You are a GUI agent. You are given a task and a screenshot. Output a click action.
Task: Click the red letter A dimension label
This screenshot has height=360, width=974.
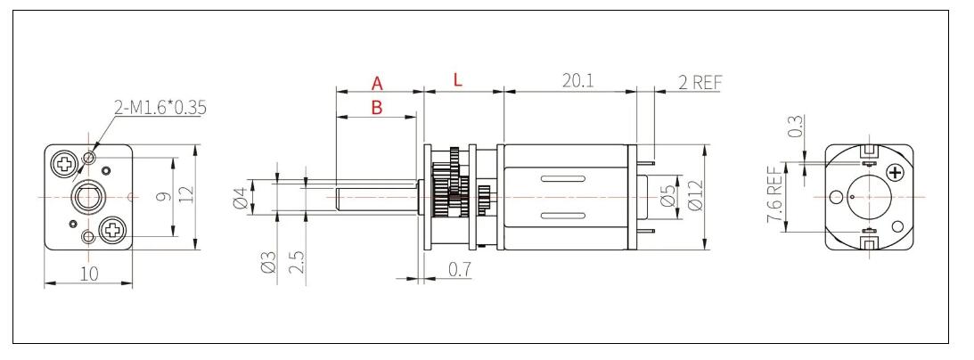pos(377,84)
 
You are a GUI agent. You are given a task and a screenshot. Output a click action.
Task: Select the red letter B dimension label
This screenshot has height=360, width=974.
pos(376,108)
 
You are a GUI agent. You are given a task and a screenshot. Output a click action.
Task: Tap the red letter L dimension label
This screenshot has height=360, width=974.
pos(458,80)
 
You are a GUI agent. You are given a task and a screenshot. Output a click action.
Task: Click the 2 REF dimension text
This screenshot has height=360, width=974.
pos(700,82)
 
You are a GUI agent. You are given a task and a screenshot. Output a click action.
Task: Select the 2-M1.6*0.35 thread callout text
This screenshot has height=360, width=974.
pos(160,108)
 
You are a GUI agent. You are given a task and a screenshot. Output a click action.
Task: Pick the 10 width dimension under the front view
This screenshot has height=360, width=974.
pos(88,275)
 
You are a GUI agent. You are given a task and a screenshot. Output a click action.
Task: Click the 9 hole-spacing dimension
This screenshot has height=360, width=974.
pos(161,196)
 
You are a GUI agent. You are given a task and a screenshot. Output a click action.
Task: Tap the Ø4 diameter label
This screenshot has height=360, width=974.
pos(238,196)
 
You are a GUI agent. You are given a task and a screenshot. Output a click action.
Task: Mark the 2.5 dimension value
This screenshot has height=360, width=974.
pos(297,261)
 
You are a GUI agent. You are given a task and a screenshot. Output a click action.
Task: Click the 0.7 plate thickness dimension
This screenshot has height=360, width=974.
pos(459,267)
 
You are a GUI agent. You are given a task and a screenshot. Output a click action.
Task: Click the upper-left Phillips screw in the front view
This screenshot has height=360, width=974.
pos(65,163)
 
